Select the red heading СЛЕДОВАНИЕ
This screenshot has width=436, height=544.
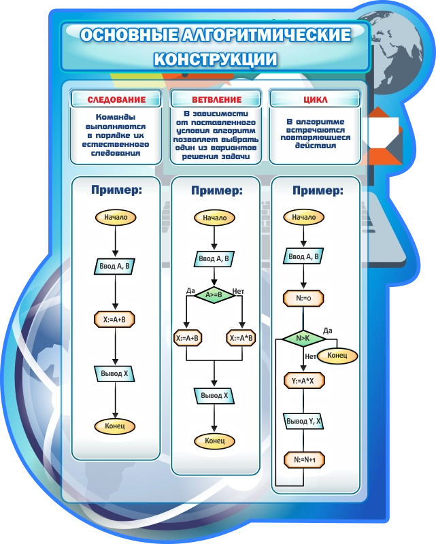click(116, 100)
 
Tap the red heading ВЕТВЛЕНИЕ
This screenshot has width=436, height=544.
click(216, 100)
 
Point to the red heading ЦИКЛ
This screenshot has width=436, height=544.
click(315, 100)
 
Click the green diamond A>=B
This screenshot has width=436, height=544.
click(215, 294)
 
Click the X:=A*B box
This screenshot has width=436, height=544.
click(241, 338)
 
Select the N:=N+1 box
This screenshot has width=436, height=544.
click(304, 460)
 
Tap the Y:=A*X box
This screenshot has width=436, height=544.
click(303, 381)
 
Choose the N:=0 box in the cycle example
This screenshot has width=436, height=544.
click(303, 297)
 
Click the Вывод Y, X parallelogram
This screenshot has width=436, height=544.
click(303, 421)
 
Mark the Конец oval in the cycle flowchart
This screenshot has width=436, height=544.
click(337, 356)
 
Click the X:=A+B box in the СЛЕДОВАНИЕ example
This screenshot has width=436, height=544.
click(115, 318)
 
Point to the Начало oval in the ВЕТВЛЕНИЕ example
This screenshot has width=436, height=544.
click(215, 218)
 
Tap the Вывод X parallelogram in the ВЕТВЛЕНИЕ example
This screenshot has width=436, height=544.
click(215, 395)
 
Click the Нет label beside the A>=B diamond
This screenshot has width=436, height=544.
click(238, 290)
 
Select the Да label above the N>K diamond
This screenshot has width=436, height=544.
click(327, 330)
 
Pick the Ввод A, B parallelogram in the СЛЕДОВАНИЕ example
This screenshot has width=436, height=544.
click(115, 266)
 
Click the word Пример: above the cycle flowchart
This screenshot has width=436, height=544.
click(316, 190)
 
